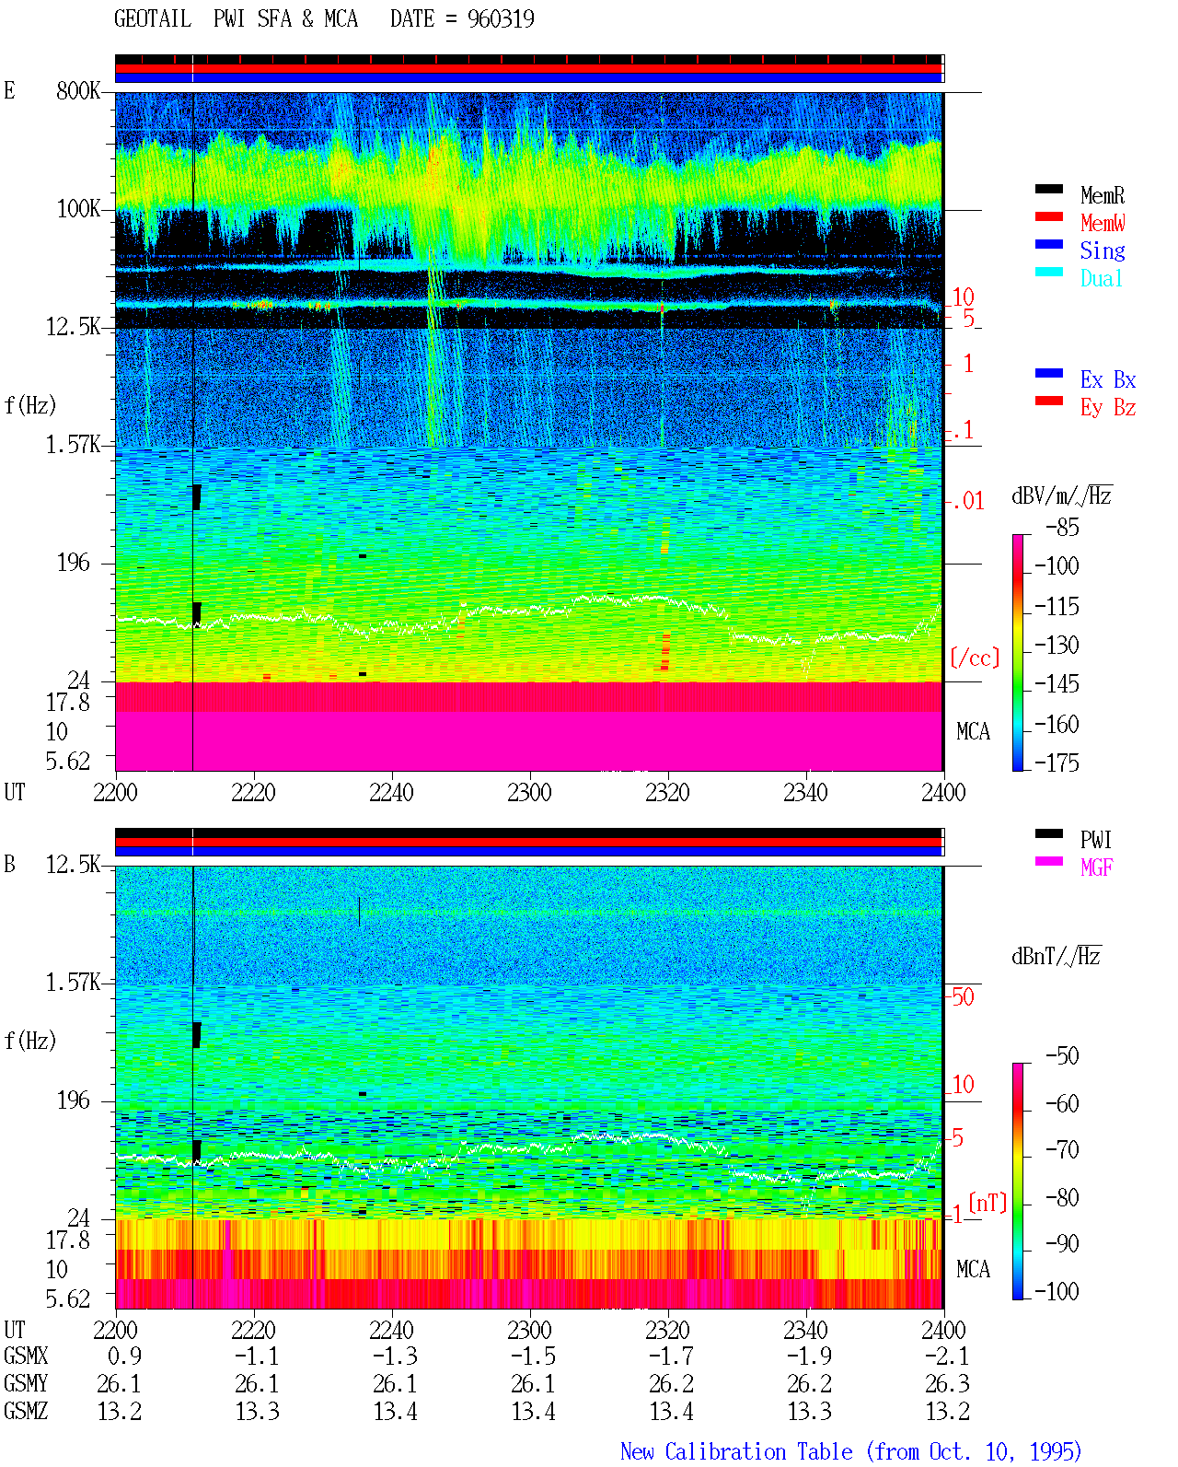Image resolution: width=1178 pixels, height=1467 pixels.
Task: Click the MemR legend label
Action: (1102, 195)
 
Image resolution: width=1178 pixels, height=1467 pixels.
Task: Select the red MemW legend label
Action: (1103, 223)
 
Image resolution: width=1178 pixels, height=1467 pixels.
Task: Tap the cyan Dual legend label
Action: (1101, 278)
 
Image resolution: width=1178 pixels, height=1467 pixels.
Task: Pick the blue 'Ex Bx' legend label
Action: (1107, 379)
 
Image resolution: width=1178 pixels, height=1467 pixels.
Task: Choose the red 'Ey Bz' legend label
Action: (1107, 408)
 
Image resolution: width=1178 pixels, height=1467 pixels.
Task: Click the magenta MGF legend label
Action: (1096, 867)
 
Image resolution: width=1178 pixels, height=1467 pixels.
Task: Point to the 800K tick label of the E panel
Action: (77, 90)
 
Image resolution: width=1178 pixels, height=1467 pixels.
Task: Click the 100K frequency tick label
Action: (77, 209)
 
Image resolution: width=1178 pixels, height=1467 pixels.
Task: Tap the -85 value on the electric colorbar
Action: (1062, 528)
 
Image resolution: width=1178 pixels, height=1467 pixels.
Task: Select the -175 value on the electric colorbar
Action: (1057, 763)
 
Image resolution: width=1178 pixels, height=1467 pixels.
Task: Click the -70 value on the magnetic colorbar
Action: (1062, 1150)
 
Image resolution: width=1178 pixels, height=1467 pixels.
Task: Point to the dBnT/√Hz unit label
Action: (1056, 956)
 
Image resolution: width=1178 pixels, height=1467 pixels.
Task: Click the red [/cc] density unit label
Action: (975, 658)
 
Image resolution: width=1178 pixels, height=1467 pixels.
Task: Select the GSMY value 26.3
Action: (947, 1383)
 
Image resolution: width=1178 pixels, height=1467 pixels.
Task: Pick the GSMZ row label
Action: (26, 1411)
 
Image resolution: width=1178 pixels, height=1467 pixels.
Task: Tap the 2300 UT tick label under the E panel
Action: (529, 792)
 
